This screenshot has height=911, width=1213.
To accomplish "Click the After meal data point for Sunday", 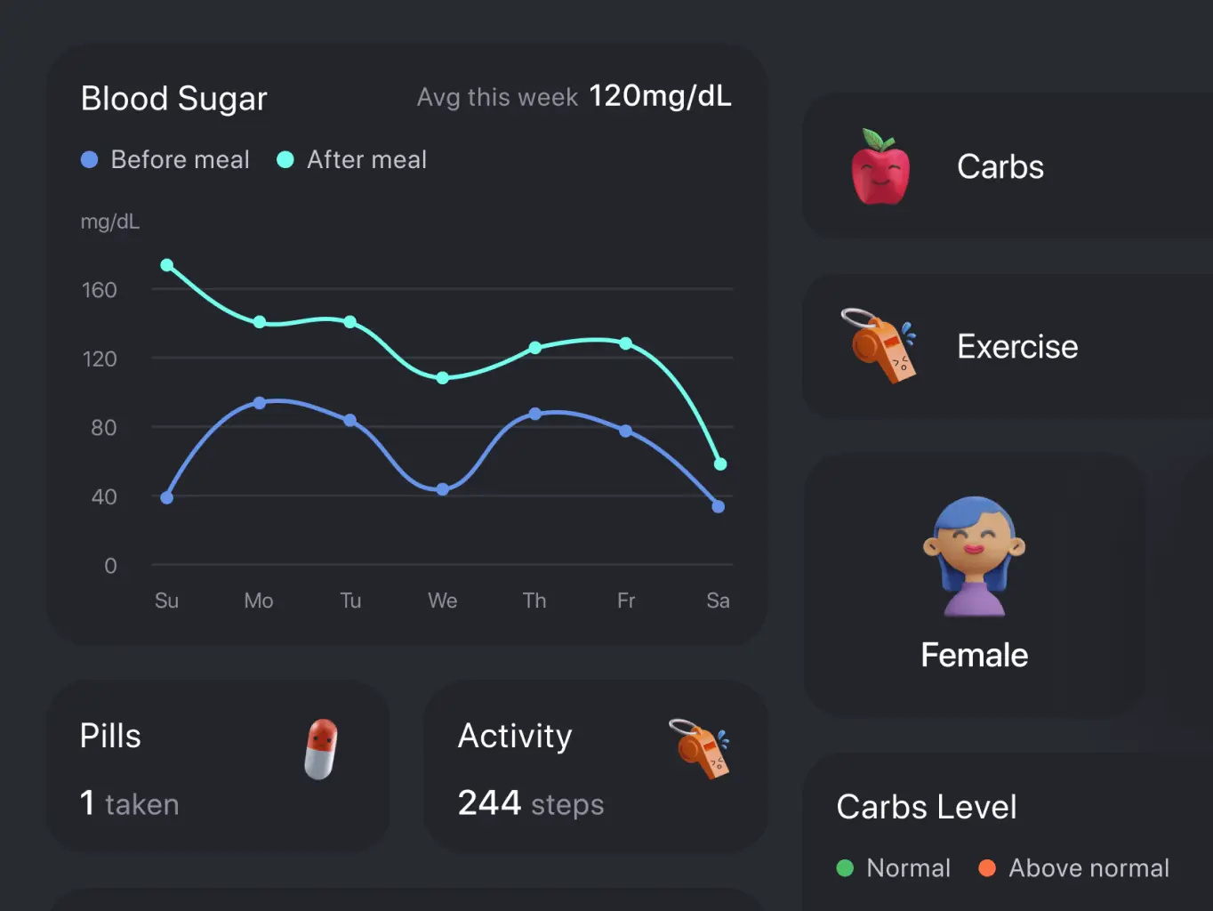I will coord(167,265).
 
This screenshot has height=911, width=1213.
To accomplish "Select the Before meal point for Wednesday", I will coord(443,489).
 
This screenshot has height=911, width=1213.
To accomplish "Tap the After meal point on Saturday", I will coord(720,464).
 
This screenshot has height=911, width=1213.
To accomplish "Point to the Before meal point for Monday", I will coord(260,403).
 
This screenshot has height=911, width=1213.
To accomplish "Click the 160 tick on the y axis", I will coord(100,290).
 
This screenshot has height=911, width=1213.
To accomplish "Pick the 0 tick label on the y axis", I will coord(110,566).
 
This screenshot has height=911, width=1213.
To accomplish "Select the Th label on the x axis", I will coord(534,601).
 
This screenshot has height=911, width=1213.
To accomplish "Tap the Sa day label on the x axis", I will coord(718,601).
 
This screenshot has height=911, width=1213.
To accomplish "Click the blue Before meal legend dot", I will coord(90,160).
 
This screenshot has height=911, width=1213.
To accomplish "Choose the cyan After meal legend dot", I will coord(285,160).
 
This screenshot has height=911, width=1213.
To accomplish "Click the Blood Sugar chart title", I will coord(174,99).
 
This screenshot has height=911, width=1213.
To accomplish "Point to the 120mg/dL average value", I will coord(660,96).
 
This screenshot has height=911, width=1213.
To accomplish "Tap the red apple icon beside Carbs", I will coord(880,167).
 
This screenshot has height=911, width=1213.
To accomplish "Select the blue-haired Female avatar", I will coord(975,556).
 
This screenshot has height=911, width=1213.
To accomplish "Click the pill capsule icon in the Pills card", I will coord(321,749).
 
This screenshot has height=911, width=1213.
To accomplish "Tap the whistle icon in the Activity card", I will coord(701,748).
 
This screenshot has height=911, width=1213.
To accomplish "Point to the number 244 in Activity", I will coord(489,802).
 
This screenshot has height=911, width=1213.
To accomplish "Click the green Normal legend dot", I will coord(846,868).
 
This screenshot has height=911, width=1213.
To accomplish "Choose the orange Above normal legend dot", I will coord(987,868).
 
